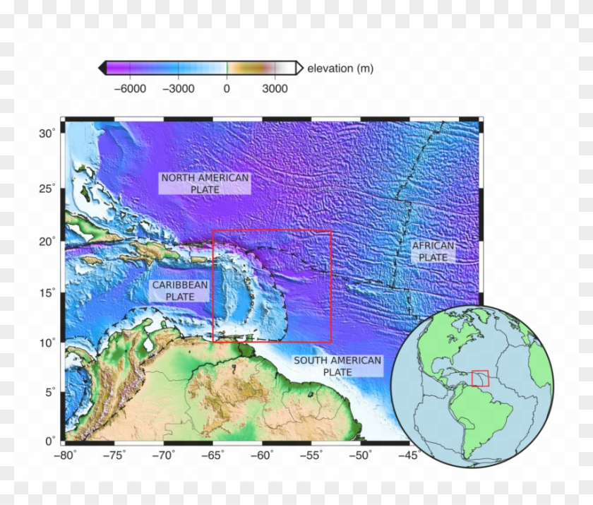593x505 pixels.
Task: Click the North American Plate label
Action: pos(205,184)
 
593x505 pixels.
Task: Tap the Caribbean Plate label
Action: pos(180,291)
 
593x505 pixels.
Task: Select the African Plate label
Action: pos(433,251)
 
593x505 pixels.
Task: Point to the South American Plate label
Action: pos(337,366)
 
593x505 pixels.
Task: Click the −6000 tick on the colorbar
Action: pos(130,89)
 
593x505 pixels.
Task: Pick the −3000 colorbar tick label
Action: pos(178,89)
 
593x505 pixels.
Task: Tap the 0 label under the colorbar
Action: pos(227,89)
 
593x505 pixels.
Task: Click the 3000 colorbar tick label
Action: pos(275,89)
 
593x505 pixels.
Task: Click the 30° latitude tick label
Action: pos(47,133)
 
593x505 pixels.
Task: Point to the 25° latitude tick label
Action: pos(47,188)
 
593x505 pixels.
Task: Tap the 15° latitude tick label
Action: pos(47,292)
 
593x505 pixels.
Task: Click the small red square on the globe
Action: pos(480,378)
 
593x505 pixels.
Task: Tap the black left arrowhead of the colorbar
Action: pos(102,68)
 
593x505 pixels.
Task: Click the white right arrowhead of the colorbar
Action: pos(299,68)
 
